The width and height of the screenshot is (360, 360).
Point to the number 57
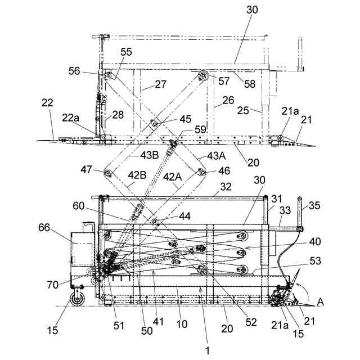pyautogui.click(x=224, y=80)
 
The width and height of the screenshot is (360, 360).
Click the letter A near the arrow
pyautogui.click(x=321, y=302)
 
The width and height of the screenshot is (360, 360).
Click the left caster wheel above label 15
pyautogui.click(x=76, y=296)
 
